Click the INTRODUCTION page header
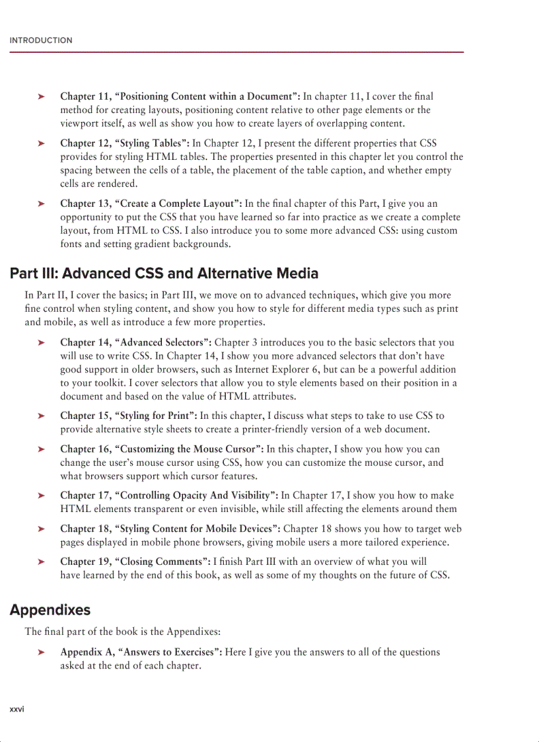point(41,40)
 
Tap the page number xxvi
point(17,709)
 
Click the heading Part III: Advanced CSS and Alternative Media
point(164,274)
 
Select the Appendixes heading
point(50,610)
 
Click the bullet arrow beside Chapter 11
point(41,97)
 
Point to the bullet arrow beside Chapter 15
point(41,416)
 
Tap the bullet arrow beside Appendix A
point(41,653)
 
